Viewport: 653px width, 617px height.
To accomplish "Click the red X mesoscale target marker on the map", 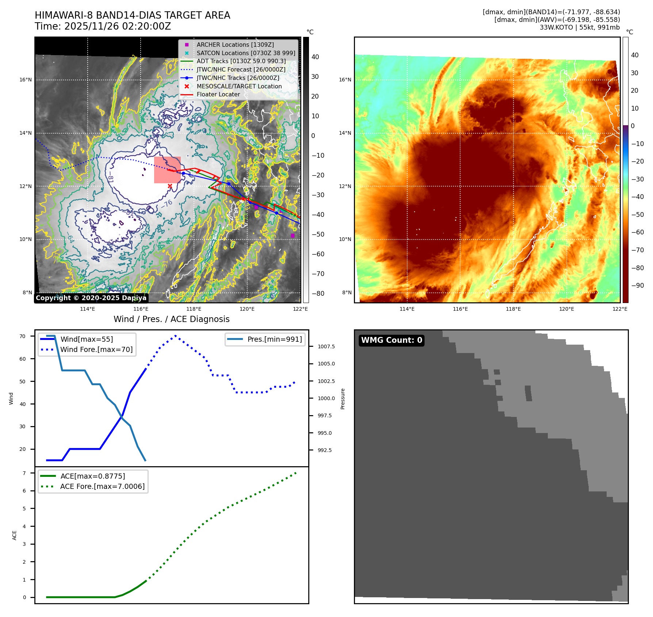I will click(x=170, y=186).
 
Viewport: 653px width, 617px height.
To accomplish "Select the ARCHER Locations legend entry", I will click(x=235, y=45).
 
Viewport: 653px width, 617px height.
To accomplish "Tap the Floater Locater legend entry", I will click(x=218, y=95).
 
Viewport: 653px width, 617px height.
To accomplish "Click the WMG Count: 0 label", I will click(x=392, y=340).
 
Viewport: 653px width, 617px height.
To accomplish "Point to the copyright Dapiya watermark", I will click(x=91, y=298).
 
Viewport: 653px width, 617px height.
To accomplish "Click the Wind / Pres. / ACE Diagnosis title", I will click(x=171, y=319).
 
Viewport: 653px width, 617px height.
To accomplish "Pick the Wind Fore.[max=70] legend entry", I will click(x=96, y=350).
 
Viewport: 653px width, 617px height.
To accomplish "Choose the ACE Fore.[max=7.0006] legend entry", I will click(x=102, y=487).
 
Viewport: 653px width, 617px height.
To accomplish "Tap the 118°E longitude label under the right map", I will click(x=513, y=309).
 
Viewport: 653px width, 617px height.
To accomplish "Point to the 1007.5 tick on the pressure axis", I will click(x=326, y=346).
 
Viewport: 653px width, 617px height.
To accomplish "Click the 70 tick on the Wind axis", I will click(x=23, y=336).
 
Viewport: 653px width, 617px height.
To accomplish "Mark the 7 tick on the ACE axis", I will click(x=24, y=473).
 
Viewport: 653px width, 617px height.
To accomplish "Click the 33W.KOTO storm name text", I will click(x=556, y=27).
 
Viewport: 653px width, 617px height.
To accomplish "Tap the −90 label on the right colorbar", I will click(x=637, y=285).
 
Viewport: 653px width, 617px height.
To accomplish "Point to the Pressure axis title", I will click(x=343, y=399).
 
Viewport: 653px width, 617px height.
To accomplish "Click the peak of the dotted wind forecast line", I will click(x=176, y=335).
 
